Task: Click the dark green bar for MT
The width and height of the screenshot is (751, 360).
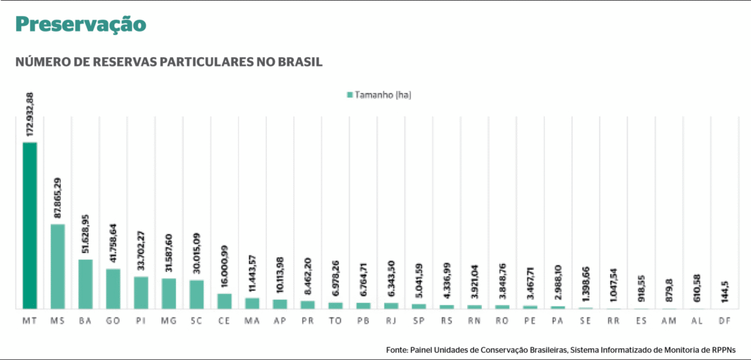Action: click(29, 225)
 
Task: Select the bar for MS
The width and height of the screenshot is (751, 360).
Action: click(57, 266)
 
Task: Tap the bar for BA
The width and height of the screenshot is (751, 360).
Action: click(85, 284)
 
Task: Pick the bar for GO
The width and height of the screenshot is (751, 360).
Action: click(113, 288)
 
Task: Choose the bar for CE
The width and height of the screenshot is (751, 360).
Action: click(224, 301)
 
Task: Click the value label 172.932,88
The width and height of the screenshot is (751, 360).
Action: click(30, 114)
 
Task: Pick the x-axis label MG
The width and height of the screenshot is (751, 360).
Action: click(169, 321)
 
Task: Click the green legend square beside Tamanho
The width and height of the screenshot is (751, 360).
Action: click(349, 95)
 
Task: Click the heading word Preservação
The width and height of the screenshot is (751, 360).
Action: click(81, 24)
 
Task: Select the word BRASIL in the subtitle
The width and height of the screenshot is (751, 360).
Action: click(299, 62)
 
